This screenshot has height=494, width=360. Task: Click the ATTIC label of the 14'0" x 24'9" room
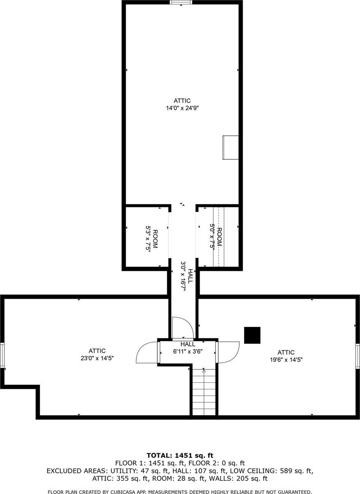tap(182, 100)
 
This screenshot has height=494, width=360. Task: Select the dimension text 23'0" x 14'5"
tap(97, 358)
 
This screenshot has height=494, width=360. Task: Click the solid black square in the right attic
tap(252, 335)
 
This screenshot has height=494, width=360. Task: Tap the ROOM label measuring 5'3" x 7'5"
tap(155, 239)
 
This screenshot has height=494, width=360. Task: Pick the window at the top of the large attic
tap(181, 2)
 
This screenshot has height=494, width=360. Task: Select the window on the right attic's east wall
tap(358, 356)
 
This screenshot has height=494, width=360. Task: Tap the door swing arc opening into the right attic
tap(229, 352)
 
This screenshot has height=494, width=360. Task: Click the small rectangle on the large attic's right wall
tap(230, 147)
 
